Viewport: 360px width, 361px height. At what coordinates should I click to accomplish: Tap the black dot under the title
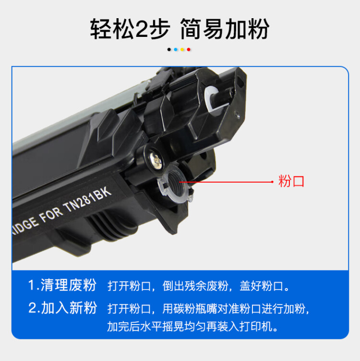tap(168, 49)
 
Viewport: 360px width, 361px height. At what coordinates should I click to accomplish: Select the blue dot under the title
tap(175, 49)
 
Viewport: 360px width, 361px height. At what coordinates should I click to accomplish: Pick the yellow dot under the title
tap(182, 49)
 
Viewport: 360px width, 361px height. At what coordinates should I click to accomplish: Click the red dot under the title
tap(189, 49)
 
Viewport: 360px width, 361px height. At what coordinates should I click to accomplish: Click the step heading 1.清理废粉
tap(62, 285)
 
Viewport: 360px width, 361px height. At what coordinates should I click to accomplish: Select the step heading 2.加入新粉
tap(62, 308)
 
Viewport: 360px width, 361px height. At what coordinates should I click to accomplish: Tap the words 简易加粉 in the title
tap(224, 30)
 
